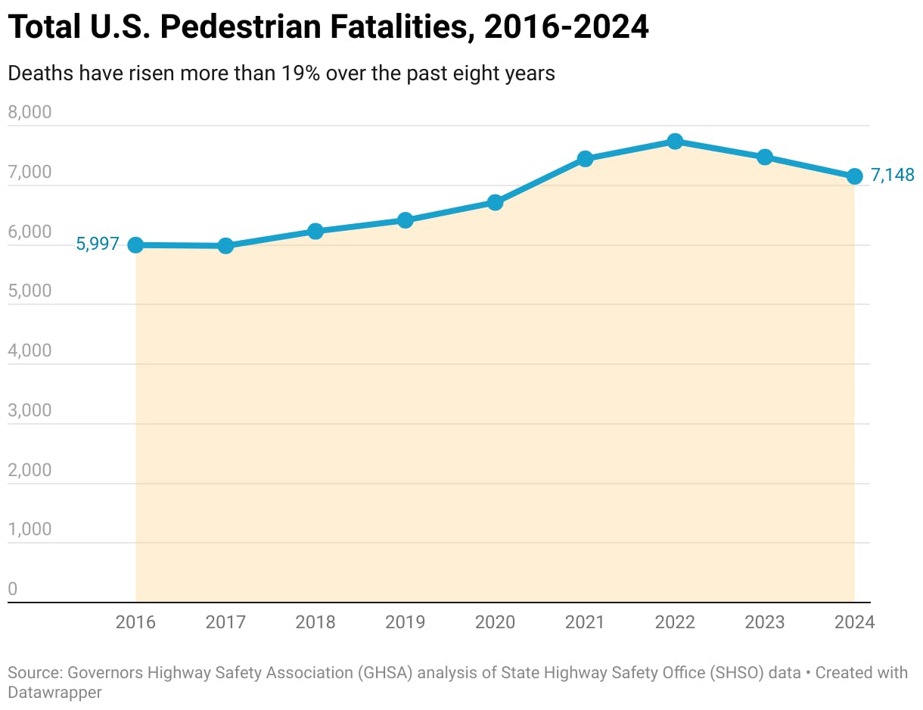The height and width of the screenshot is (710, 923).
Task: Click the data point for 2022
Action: [x=675, y=142]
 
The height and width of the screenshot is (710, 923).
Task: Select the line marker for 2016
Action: [x=135, y=244]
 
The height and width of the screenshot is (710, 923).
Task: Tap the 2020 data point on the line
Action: [x=495, y=202]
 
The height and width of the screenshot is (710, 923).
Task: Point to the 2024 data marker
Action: [x=855, y=176]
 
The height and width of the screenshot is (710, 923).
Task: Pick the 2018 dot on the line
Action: [x=315, y=231]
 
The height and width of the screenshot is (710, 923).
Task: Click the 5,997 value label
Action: [x=98, y=244]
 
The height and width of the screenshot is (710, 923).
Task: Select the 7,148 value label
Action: [x=893, y=176]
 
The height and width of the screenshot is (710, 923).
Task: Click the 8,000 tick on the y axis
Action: [x=30, y=113]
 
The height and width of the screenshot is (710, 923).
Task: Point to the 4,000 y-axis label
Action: [x=30, y=351]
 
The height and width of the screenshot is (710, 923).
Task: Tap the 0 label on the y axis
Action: [x=12, y=589]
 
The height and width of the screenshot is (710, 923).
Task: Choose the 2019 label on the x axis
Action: [x=405, y=622]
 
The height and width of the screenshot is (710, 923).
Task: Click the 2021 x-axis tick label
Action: [x=585, y=622]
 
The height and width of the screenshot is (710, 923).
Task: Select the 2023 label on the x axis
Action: [x=765, y=622]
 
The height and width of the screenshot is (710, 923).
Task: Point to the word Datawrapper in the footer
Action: [x=55, y=692]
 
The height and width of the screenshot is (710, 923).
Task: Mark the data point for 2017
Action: [x=225, y=245]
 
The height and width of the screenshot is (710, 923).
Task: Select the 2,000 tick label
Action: [x=30, y=470]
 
